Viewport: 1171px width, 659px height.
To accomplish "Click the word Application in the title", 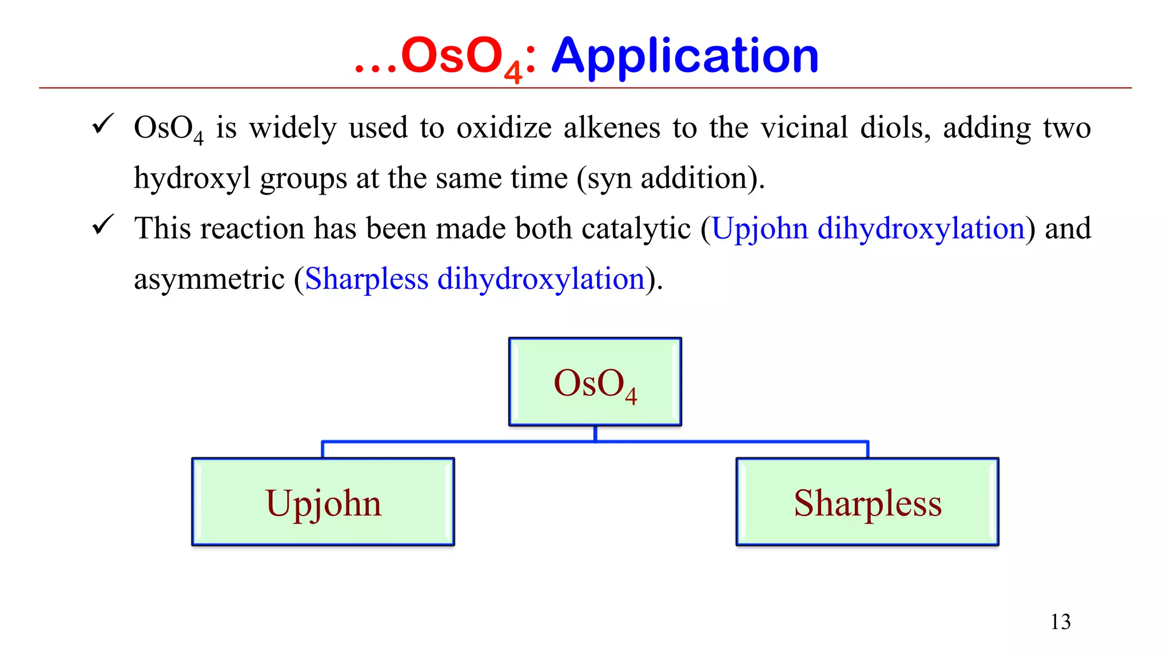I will pyautogui.click(x=684, y=56).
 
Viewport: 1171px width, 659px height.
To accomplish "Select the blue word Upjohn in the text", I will pyautogui.click(x=759, y=229).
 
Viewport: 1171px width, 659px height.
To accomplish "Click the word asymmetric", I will pyautogui.click(x=209, y=279).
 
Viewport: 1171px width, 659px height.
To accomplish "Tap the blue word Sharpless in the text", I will pyautogui.click(x=367, y=279).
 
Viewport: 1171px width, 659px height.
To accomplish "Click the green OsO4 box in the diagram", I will pyautogui.click(x=595, y=382).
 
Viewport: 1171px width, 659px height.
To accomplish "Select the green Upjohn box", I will pyautogui.click(x=323, y=502).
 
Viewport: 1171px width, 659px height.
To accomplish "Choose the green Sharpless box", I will pyautogui.click(x=867, y=502).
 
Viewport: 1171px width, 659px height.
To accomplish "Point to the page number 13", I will pyautogui.click(x=1060, y=622).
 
